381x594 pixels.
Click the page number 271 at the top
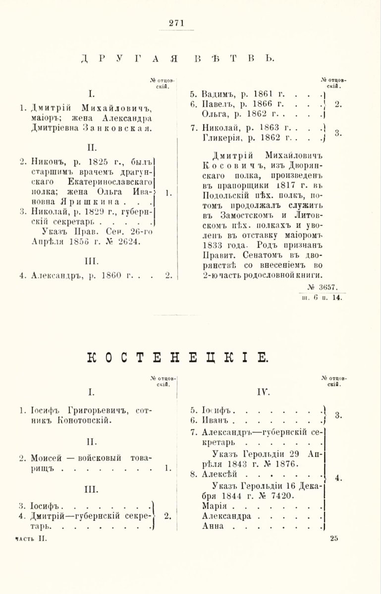[x=176, y=22]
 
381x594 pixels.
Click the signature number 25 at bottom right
[x=333, y=539]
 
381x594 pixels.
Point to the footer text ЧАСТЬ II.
[x=31, y=539]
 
